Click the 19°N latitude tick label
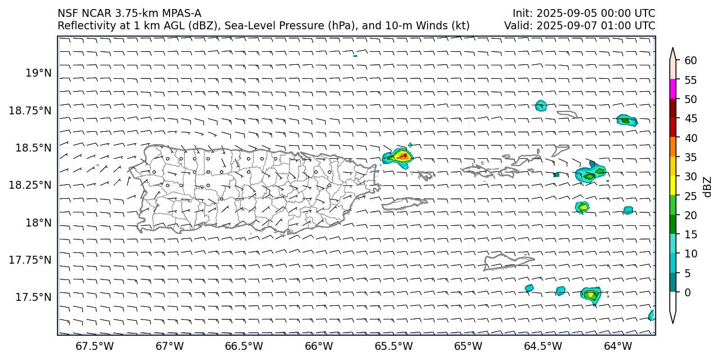point(39,73)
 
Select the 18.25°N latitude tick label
point(30,185)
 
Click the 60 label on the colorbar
point(691,61)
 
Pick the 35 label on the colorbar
point(691,158)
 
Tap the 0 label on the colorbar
point(688,292)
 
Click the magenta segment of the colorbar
point(673,89)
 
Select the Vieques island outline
point(404,203)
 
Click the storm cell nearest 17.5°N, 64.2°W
point(590,294)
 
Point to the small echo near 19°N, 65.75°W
point(355,56)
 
